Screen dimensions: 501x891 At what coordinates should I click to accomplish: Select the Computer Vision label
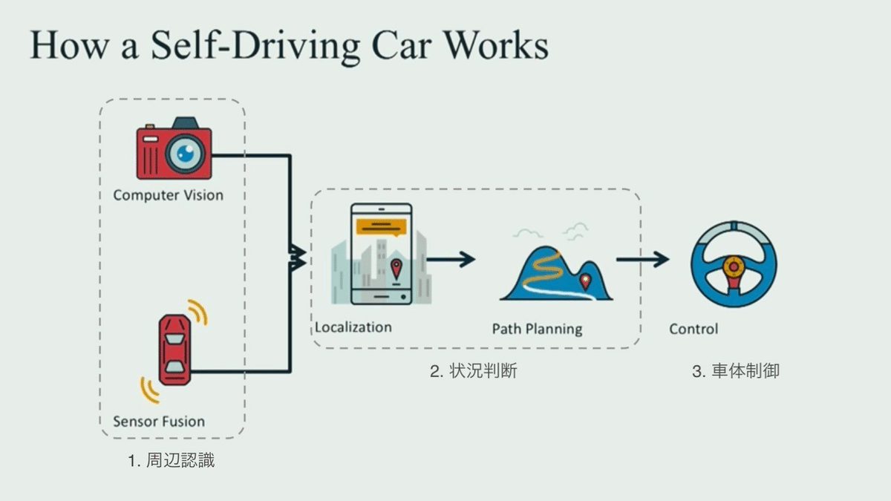tap(168, 195)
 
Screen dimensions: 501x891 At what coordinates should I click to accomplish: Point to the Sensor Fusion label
tap(158, 422)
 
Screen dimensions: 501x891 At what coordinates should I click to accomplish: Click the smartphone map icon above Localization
tap(381, 254)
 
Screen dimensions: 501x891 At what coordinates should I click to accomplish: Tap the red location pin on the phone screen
tap(396, 267)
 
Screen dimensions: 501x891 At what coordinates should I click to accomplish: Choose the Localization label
tap(353, 327)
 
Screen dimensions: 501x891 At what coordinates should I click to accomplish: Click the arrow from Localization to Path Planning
tap(451, 259)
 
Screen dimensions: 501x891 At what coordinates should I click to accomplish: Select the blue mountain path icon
tap(556, 272)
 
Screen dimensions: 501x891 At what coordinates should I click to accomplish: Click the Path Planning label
tap(537, 328)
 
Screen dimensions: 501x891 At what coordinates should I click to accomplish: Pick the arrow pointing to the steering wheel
tap(642, 259)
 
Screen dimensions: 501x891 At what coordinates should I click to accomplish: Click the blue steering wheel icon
tap(733, 264)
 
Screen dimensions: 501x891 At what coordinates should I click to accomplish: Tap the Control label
tap(693, 328)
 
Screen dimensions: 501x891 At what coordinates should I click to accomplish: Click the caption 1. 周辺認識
tap(172, 460)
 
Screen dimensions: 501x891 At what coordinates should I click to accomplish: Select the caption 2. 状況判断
tap(473, 371)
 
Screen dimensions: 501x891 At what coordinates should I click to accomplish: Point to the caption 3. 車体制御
tap(736, 371)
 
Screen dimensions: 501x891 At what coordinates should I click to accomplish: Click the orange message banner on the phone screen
tap(381, 225)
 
